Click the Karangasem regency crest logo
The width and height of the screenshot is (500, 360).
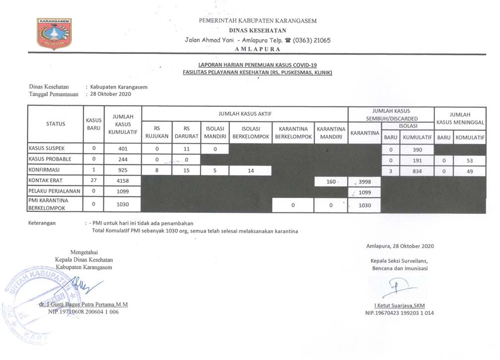tap(54, 34)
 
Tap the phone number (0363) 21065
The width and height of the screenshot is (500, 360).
tap(311, 41)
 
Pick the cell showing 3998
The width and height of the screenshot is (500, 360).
tap(364, 182)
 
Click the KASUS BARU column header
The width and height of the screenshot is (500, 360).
tap(94, 123)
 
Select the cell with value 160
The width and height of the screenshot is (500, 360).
tap(331, 182)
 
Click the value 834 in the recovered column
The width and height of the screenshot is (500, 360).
tap(417, 171)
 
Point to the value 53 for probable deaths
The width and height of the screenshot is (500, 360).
tap(470, 160)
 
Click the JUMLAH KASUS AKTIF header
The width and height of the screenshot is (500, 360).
tap(245, 113)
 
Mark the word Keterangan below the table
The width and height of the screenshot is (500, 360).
tap(42, 223)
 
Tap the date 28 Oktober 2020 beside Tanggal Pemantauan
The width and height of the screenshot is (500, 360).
tap(111, 94)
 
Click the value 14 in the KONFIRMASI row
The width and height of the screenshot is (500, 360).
tap(250, 171)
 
